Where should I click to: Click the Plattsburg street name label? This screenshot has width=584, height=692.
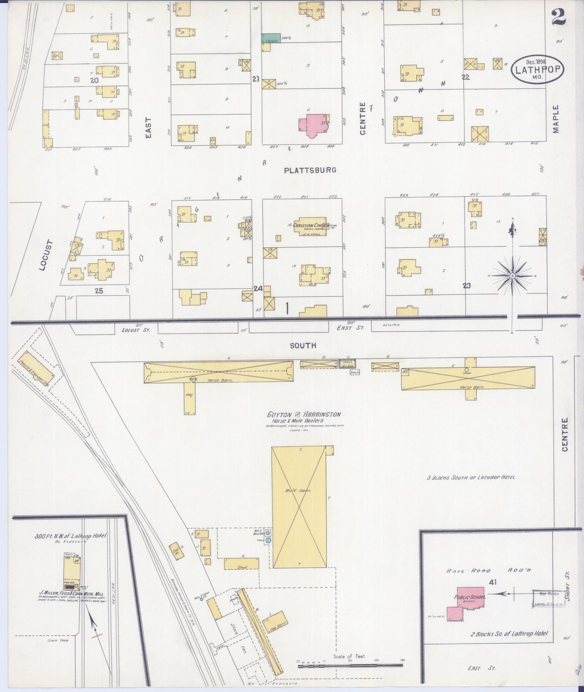click(310, 170)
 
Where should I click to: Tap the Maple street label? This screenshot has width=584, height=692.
click(556, 119)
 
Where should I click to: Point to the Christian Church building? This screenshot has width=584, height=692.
click(310, 226)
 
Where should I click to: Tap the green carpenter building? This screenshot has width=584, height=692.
click(271, 38)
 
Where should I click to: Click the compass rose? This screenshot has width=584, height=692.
click(512, 276)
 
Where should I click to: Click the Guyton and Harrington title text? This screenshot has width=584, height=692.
click(304, 415)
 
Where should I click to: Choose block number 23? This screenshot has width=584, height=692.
click(466, 285)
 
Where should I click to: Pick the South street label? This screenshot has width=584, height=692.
click(303, 345)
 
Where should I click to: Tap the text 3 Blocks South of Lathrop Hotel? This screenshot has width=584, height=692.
click(471, 477)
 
